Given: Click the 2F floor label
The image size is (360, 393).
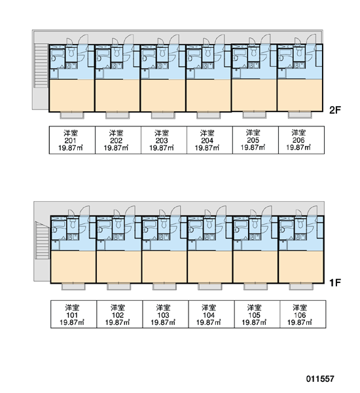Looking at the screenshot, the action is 335,110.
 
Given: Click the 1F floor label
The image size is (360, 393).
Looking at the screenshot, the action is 335,283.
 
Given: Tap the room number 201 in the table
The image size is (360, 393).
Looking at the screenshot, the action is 70,140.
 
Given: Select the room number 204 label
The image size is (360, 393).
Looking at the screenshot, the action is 207,140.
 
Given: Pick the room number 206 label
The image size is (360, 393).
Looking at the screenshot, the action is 298,140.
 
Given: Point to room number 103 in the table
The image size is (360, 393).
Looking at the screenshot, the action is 163,315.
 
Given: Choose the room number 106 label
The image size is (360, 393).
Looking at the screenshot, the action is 300,315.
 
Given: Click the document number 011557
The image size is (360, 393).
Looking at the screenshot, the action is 320,379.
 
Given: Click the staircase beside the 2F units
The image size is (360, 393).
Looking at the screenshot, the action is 41,65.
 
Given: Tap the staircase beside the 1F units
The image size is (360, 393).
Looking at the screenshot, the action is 43,240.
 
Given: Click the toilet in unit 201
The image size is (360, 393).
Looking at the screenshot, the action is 71,52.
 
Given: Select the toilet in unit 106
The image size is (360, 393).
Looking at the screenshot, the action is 300,224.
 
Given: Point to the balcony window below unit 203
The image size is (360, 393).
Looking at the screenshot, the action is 163,115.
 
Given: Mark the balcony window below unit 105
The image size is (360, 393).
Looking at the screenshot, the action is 255,286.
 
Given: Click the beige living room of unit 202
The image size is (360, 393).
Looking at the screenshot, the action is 117,96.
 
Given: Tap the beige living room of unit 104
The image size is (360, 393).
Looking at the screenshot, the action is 209,267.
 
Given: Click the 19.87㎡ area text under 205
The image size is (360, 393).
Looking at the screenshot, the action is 253,147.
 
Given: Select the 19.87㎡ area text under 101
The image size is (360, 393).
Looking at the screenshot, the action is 71,322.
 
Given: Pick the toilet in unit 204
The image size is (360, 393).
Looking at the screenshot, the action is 208,52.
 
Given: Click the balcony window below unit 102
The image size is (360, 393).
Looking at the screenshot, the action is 118,286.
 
